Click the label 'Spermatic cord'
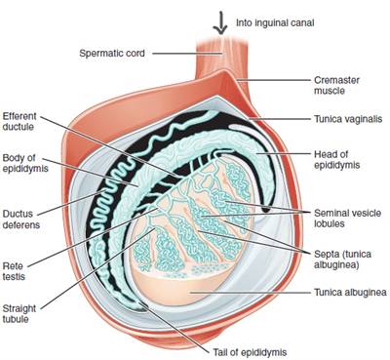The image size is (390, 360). [x=111, y=51]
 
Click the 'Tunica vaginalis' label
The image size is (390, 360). [x=347, y=118]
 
